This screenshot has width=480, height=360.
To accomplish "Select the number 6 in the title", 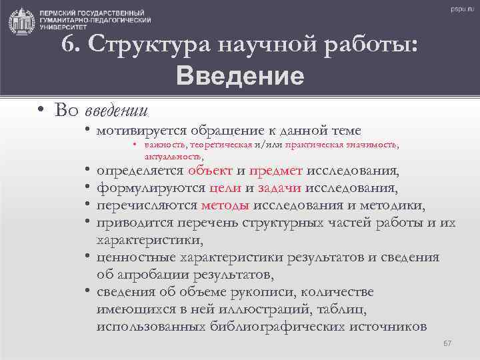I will click(x=67, y=45).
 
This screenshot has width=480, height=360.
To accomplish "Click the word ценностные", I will click(x=130, y=257).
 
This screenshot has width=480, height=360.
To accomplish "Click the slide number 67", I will click(x=447, y=343).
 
